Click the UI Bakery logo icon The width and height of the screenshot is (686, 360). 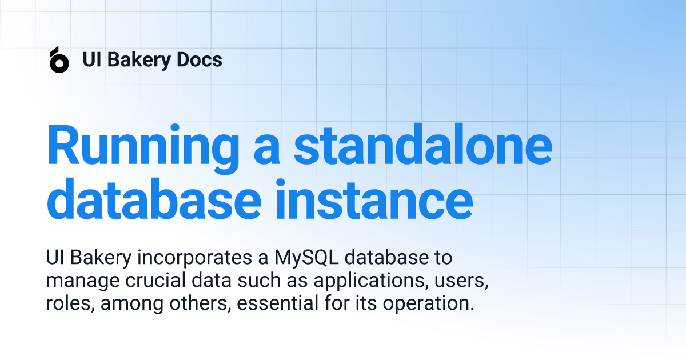click(x=59, y=59)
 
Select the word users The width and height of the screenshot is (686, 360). click(x=461, y=281)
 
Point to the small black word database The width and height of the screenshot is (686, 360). click(x=386, y=258)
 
